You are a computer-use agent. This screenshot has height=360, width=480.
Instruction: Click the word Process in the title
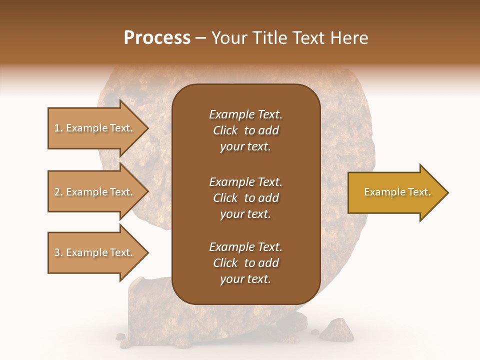(x=157, y=38)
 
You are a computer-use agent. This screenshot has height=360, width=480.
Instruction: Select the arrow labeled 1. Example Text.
(x=95, y=128)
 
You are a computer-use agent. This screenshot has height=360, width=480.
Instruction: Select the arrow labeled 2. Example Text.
(x=95, y=192)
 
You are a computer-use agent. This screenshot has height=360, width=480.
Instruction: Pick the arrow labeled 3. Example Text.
(x=95, y=252)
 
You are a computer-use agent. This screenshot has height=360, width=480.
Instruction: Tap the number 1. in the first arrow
(x=58, y=128)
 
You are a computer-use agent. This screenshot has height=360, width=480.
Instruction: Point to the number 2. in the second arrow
(x=58, y=192)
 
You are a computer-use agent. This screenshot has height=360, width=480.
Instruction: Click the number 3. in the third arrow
(x=58, y=252)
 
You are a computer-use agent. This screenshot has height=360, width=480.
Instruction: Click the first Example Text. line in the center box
(x=245, y=114)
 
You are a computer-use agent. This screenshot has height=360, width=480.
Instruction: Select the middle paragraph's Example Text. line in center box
(x=245, y=181)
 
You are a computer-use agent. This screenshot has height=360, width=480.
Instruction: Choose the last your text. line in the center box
(x=245, y=279)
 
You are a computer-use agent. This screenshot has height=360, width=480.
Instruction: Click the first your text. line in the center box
(x=245, y=147)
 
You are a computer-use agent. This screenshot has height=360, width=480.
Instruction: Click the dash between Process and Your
(x=200, y=38)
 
